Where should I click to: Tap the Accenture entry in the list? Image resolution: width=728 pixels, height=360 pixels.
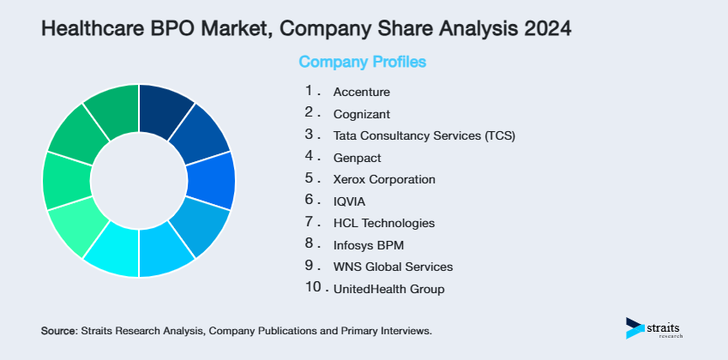coord(361,92)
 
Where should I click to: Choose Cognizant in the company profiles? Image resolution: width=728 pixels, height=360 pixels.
coord(362,113)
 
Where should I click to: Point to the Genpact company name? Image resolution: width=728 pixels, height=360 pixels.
coord(358,158)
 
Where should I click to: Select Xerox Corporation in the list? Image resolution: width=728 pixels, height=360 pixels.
coord(384,180)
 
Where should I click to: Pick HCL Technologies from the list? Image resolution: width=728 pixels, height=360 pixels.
coord(384,224)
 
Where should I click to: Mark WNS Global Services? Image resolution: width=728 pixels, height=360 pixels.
coord(393,267)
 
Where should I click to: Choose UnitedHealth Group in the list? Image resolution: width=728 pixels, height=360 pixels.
coord(388,290)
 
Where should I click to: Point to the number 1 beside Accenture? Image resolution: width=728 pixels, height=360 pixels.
coord(309,90)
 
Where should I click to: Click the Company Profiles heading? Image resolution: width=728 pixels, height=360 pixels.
coord(362,63)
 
